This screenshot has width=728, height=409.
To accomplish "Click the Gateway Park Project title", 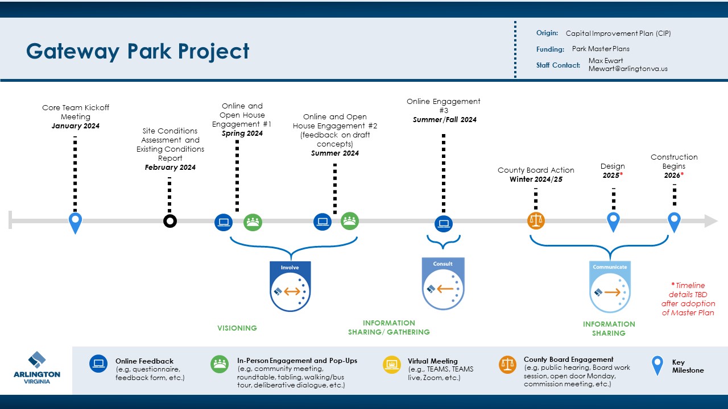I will (x=138, y=51).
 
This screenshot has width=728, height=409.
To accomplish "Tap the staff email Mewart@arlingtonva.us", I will (x=628, y=69).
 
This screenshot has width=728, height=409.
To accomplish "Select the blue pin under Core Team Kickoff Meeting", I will (x=75, y=222).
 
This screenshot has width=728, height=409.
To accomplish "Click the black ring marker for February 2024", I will (x=169, y=221).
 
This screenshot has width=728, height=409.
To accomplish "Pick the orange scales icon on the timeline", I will (x=536, y=221).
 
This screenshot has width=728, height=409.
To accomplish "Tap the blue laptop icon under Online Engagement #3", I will (x=444, y=223).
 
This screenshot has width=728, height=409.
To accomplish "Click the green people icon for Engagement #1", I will (x=253, y=222).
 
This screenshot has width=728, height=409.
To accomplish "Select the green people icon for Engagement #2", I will (x=350, y=221).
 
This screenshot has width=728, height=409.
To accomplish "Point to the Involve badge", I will (x=290, y=286).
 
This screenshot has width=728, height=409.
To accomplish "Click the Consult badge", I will (x=443, y=283).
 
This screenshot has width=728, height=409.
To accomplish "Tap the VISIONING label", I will (x=237, y=328).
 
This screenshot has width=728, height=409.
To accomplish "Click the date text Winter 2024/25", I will (x=536, y=180).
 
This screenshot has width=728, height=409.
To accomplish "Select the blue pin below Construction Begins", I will (x=674, y=222).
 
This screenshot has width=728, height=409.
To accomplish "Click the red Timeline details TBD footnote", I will (x=688, y=299).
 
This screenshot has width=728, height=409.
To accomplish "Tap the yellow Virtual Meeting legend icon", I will (x=392, y=364).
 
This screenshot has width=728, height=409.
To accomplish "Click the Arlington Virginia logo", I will (x=36, y=368).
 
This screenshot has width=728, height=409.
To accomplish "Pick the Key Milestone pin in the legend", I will (x=657, y=365).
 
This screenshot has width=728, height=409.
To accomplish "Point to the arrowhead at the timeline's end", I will (x=711, y=221).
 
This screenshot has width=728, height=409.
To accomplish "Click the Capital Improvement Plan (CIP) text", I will (x=618, y=34).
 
